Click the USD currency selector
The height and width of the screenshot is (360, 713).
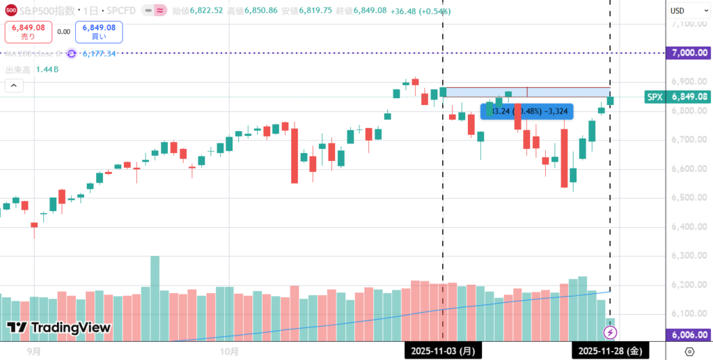click(677, 10)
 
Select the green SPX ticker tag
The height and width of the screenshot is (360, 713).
click(655, 97)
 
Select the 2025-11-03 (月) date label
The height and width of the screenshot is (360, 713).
click(443, 351)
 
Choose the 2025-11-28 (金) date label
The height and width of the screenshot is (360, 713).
click(610, 351)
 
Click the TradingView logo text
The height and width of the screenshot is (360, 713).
click(59, 327)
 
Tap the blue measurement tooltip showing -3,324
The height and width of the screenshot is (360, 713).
click(527, 110)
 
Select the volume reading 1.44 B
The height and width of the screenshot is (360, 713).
click(47, 70)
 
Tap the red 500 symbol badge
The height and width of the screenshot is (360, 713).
click(11, 11)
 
